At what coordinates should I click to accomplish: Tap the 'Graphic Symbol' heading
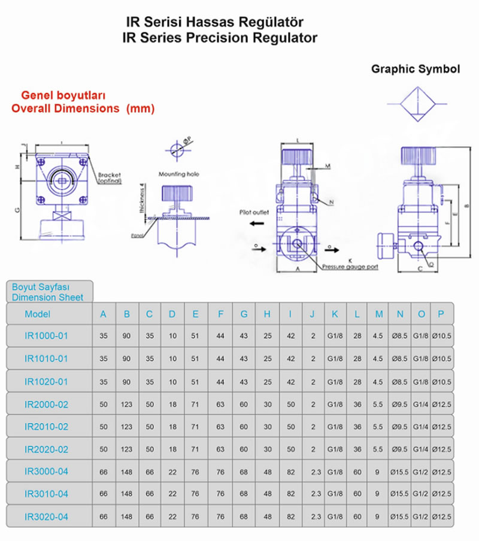point(416,69)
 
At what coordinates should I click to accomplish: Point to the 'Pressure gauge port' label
point(350,267)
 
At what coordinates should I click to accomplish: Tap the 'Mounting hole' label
point(178,174)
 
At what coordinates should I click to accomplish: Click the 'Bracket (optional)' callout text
point(110,178)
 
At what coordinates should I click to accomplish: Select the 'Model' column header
point(38,314)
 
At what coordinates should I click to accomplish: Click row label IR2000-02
point(47,404)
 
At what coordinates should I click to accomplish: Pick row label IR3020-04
point(47,516)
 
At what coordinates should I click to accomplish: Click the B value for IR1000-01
point(126,336)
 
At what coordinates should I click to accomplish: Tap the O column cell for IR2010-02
point(422,427)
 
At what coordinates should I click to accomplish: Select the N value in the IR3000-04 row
point(399,472)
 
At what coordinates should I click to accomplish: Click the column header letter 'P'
point(441,314)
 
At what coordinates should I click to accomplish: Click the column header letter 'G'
point(244,314)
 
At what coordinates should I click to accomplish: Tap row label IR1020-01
point(47,382)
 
